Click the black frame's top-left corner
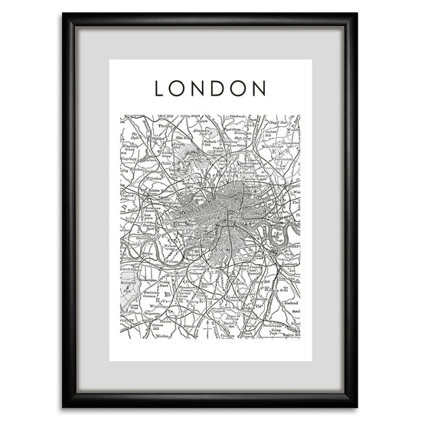pos(64,15)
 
